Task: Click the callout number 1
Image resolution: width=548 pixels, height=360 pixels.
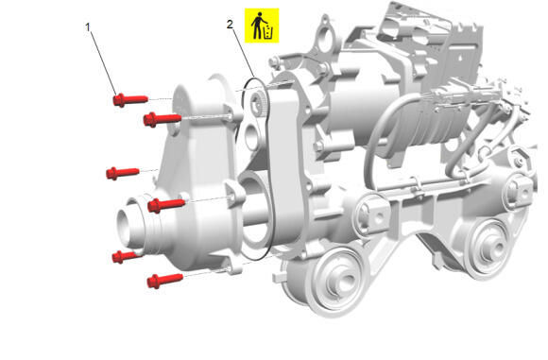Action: [x=88, y=26]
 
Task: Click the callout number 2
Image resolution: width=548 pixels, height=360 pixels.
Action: [x=230, y=25]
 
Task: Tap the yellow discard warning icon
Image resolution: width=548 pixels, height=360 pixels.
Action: [x=262, y=26]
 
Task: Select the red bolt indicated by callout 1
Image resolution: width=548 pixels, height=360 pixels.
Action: [x=130, y=100]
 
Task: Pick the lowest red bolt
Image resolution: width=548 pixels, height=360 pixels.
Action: [x=165, y=281]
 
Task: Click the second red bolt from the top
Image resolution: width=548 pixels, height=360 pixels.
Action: [x=163, y=120]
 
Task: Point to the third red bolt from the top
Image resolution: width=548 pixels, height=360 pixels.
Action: [x=123, y=173]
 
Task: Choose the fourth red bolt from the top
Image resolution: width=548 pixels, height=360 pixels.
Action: [x=166, y=205]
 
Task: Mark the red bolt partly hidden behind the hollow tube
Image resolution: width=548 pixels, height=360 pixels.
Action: [x=126, y=257]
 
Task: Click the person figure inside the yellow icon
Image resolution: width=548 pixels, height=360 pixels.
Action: [x=258, y=26]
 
